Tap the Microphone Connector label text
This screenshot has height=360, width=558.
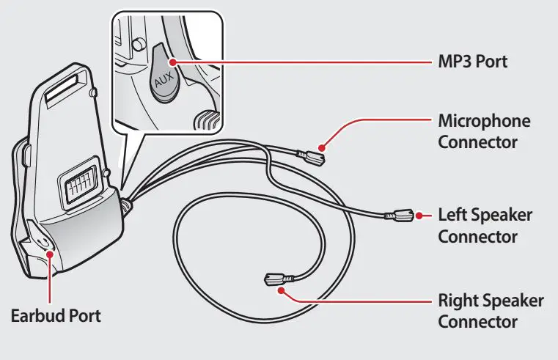[x=484, y=130]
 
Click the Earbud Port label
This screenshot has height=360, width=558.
[x=55, y=316]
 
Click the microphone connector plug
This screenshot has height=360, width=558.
[x=313, y=155]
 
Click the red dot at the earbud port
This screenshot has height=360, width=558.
[x=50, y=252]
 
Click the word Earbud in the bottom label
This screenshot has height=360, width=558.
[x=35, y=316]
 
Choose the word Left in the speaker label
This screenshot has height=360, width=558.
[x=452, y=216]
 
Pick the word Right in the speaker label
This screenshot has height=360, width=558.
[x=458, y=301]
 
